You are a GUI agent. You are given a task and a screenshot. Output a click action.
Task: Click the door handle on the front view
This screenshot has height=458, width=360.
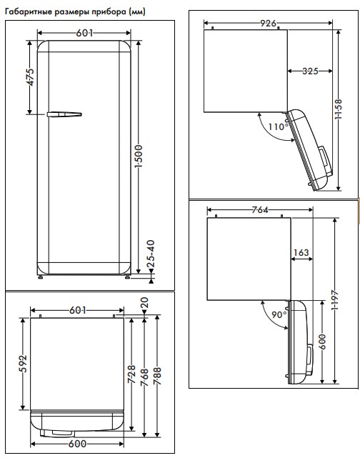[x=64, y=113]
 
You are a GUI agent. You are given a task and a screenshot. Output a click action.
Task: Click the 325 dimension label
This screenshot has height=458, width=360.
[x=310, y=71]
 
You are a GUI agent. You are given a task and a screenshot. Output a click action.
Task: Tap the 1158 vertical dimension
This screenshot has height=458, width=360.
[x=339, y=109]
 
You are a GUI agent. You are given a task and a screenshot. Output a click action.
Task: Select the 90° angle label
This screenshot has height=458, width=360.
[x=279, y=314]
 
